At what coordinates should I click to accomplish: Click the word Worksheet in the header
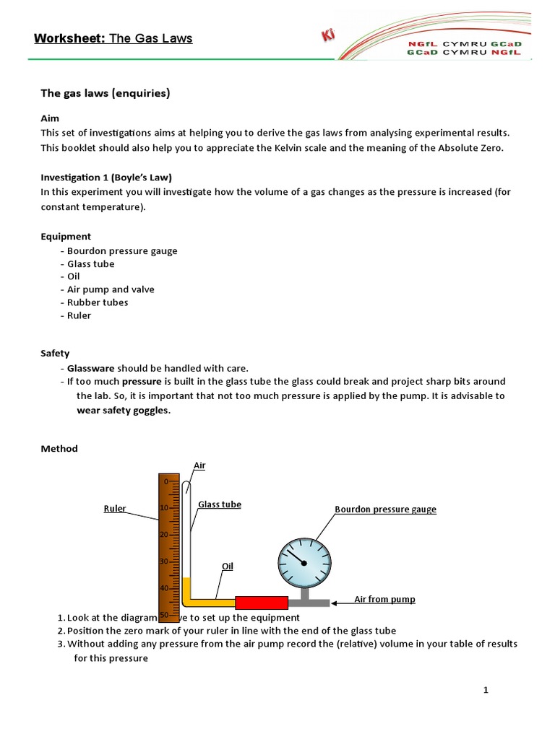[x=69, y=38]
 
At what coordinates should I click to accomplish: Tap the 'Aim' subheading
[x=50, y=118]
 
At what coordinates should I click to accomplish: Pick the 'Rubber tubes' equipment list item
[x=97, y=302]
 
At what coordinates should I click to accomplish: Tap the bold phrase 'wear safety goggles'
[x=124, y=410]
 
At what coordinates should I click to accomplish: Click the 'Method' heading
[x=59, y=448]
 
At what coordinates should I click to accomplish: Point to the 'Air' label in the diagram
[x=199, y=465]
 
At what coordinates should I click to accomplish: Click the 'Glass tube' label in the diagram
[x=220, y=504]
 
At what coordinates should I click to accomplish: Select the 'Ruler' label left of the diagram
[x=115, y=509]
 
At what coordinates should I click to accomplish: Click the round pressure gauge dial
[x=304, y=561]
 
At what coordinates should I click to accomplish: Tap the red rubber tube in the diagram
[x=262, y=602]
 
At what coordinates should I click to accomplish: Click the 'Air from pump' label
[x=384, y=599]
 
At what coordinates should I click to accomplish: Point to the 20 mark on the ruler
[x=164, y=535]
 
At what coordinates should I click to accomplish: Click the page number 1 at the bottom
[x=486, y=691]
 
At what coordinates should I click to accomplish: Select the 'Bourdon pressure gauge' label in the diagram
[x=385, y=510]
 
